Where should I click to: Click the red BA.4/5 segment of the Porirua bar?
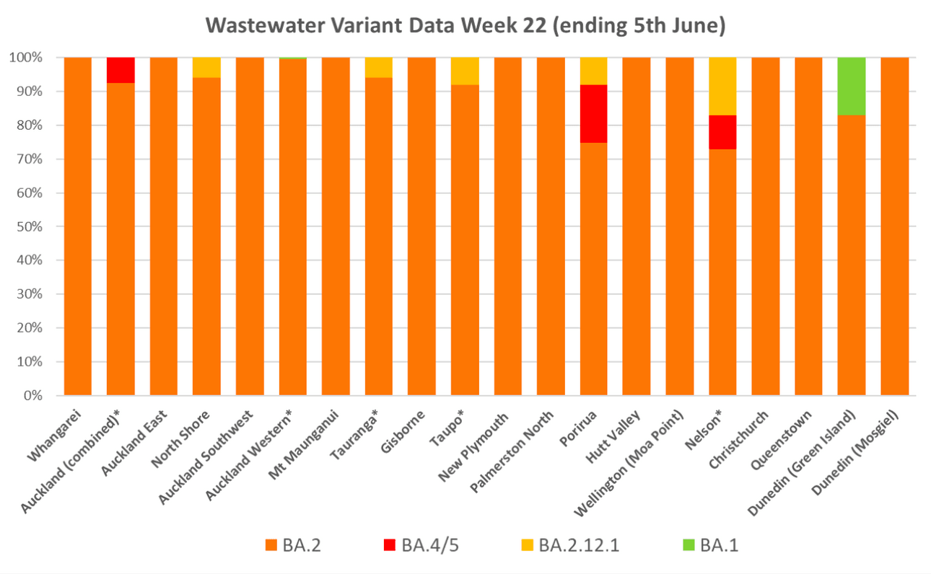(x=594, y=113)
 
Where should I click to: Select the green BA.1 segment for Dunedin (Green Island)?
(x=852, y=86)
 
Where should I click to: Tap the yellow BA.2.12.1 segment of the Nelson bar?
(x=722, y=86)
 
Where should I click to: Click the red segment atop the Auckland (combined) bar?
(x=121, y=70)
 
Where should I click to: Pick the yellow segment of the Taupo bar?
(x=465, y=71)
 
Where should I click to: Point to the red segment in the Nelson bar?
(x=722, y=132)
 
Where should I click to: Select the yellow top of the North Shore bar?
(x=206, y=67)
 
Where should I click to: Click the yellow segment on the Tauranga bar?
(x=379, y=67)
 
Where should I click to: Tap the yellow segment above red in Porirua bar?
(x=594, y=71)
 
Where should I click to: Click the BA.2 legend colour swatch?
(x=272, y=544)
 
